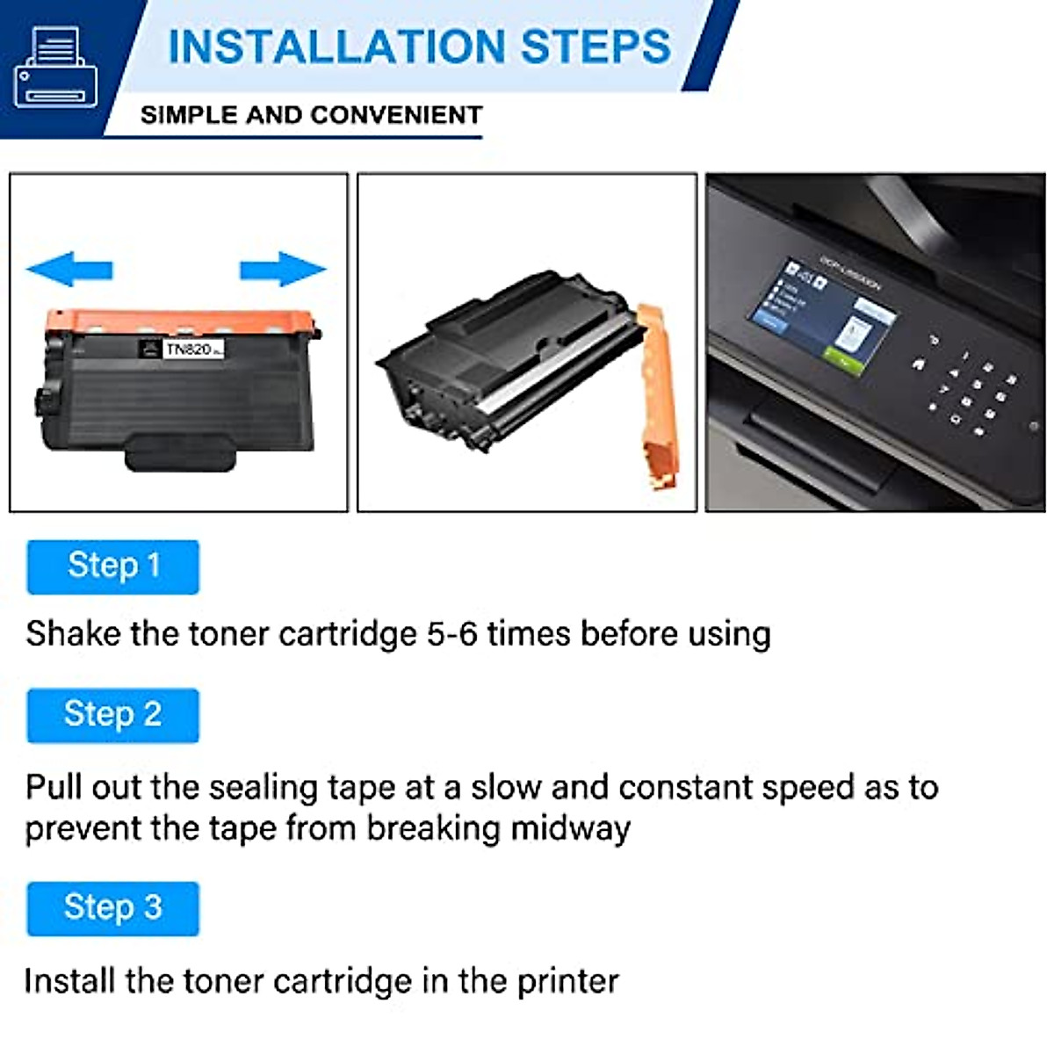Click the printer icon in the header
[x=55, y=68]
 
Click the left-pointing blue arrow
[x=70, y=269]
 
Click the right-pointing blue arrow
[x=282, y=269]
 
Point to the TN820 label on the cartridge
[x=189, y=350]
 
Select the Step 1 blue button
[x=113, y=567]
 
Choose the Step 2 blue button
[x=113, y=715]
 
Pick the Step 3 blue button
[x=113, y=907]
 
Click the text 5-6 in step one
[x=452, y=634]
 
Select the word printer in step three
[x=567, y=981]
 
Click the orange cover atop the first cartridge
[x=180, y=319]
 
